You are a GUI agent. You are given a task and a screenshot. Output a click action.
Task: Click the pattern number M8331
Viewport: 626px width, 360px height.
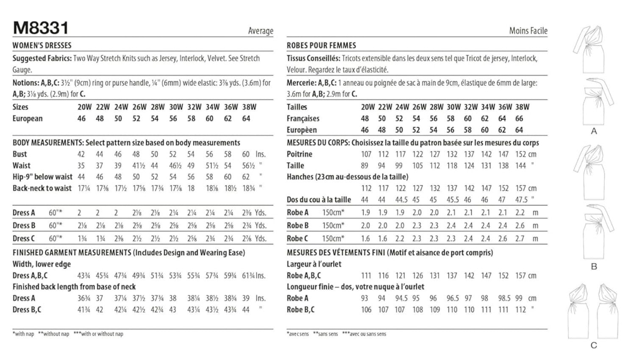pos(40,28)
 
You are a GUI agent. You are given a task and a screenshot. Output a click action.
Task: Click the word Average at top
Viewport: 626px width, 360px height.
pos(260,30)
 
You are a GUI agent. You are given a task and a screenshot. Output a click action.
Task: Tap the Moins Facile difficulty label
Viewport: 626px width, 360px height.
pos(528,30)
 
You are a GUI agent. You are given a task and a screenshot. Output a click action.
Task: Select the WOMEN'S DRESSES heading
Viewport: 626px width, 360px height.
pos(42,45)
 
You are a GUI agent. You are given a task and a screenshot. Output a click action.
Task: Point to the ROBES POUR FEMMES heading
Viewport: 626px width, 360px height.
pos(321,45)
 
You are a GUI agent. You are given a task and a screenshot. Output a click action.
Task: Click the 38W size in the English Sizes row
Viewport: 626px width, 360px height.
pos(249,107)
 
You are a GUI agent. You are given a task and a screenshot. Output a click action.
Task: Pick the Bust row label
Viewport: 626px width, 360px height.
pos(19,154)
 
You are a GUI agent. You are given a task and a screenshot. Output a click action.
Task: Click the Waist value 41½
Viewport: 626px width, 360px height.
pos(136,166)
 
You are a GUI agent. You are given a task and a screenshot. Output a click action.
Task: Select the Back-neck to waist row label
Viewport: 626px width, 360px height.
pos(42,188)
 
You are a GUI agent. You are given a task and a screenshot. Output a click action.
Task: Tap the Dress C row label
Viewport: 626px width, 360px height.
pos(24,238)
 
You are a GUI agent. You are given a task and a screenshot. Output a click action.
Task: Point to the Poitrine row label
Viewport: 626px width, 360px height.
pos(299,154)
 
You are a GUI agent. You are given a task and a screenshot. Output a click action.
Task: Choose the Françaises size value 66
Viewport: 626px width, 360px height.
pos(519,119)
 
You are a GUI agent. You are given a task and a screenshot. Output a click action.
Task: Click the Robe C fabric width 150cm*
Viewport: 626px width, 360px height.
pos(333,238)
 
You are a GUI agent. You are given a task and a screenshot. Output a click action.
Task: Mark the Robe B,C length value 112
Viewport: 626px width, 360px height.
pos(520,310)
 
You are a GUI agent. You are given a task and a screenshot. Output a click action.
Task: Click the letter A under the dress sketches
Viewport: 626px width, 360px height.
pos(594,131)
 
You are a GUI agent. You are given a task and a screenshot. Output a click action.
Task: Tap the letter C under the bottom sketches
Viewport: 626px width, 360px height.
pos(593,346)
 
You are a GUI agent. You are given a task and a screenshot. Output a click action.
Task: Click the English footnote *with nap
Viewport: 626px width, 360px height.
pos(23,334)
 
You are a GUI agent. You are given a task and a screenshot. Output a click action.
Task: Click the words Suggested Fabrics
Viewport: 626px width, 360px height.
pos(42,58)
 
